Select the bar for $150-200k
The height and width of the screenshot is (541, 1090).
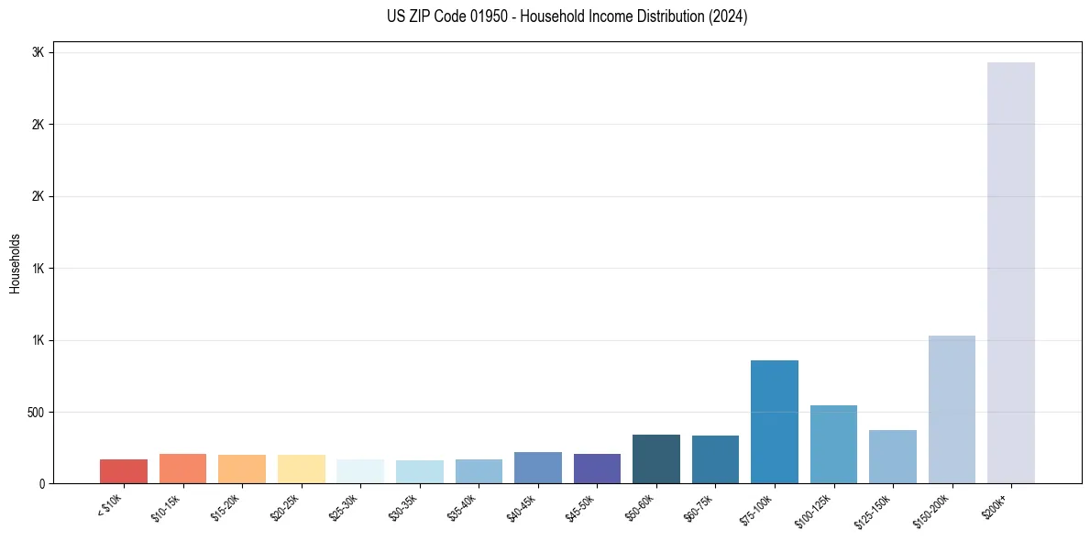pos(952,410)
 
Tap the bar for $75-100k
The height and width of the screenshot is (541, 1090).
pos(774,422)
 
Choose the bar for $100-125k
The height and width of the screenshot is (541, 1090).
pos(833,445)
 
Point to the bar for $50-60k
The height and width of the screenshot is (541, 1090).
pos(655,459)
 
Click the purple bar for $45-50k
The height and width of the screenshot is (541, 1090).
pos(597,469)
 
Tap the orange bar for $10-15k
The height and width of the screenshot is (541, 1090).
pos(182,469)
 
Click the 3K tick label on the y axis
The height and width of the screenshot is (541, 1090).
pos(38,53)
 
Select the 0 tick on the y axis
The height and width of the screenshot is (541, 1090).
pos(40,484)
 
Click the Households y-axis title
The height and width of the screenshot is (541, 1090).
pos(15,262)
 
